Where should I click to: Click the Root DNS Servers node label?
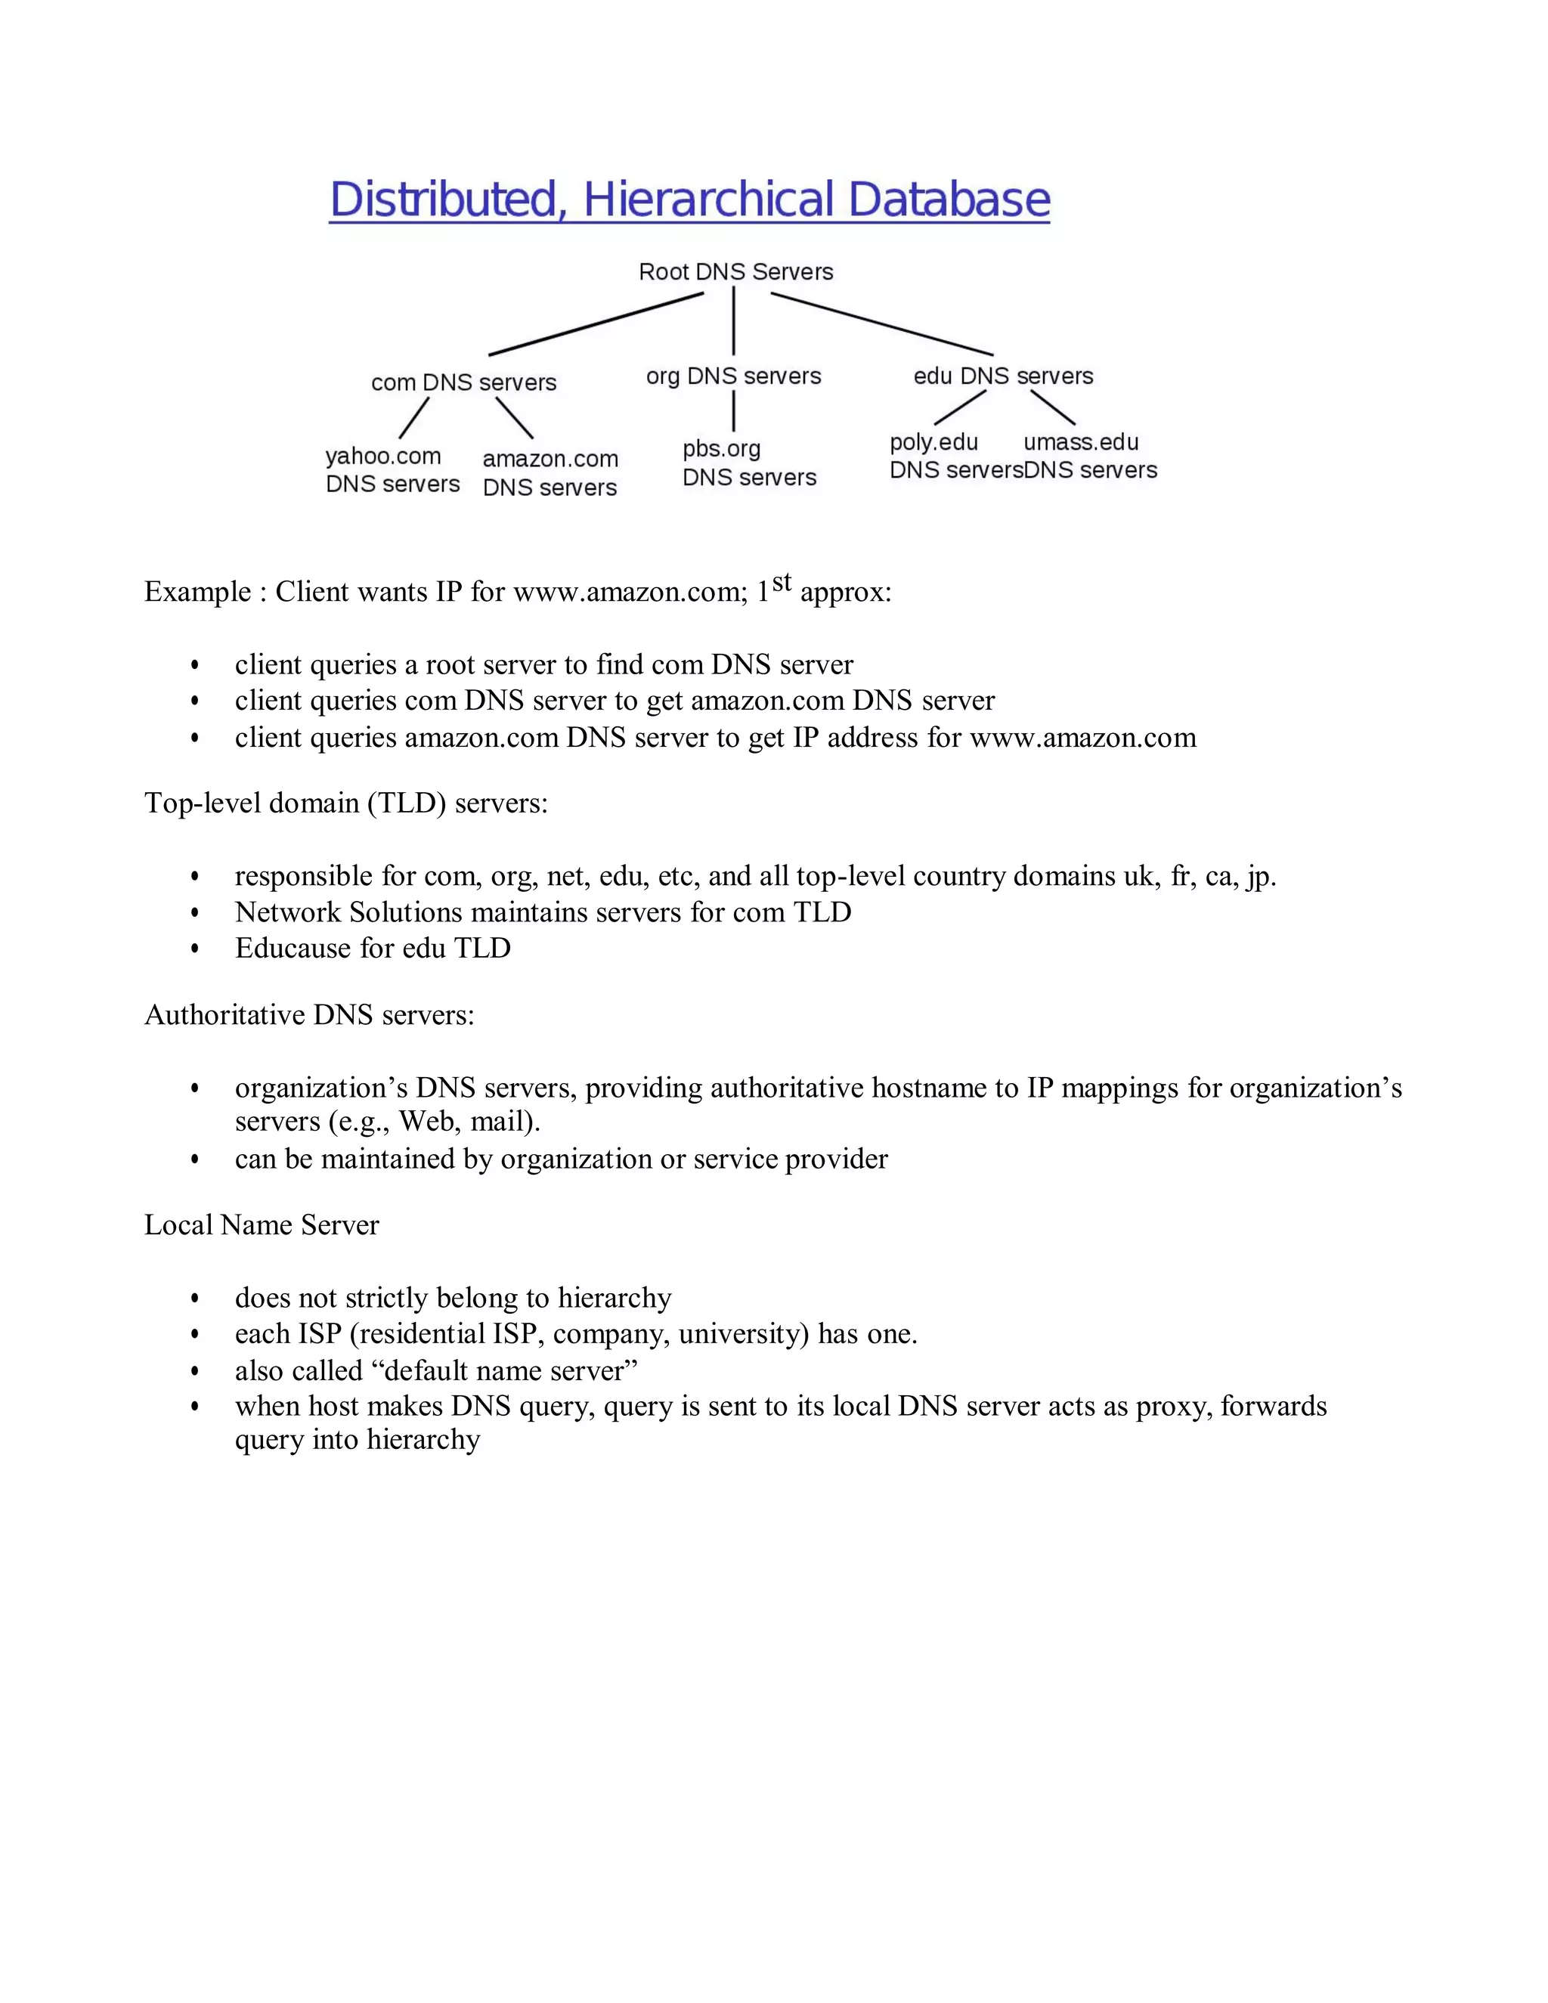(735, 271)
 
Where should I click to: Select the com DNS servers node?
(463, 382)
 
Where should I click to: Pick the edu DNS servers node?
(1002, 376)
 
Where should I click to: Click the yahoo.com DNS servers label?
(392, 469)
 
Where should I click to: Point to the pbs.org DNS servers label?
(748, 463)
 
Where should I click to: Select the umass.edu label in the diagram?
(1080, 442)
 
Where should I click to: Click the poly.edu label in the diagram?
(933, 442)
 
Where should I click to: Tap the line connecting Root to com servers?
(596, 324)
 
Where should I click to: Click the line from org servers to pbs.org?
(734, 411)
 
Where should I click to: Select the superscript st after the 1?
(782, 582)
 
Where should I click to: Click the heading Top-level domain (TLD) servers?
(345, 803)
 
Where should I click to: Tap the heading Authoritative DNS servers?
(309, 1015)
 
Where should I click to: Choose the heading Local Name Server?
(262, 1225)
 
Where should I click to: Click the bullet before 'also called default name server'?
(194, 1371)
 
